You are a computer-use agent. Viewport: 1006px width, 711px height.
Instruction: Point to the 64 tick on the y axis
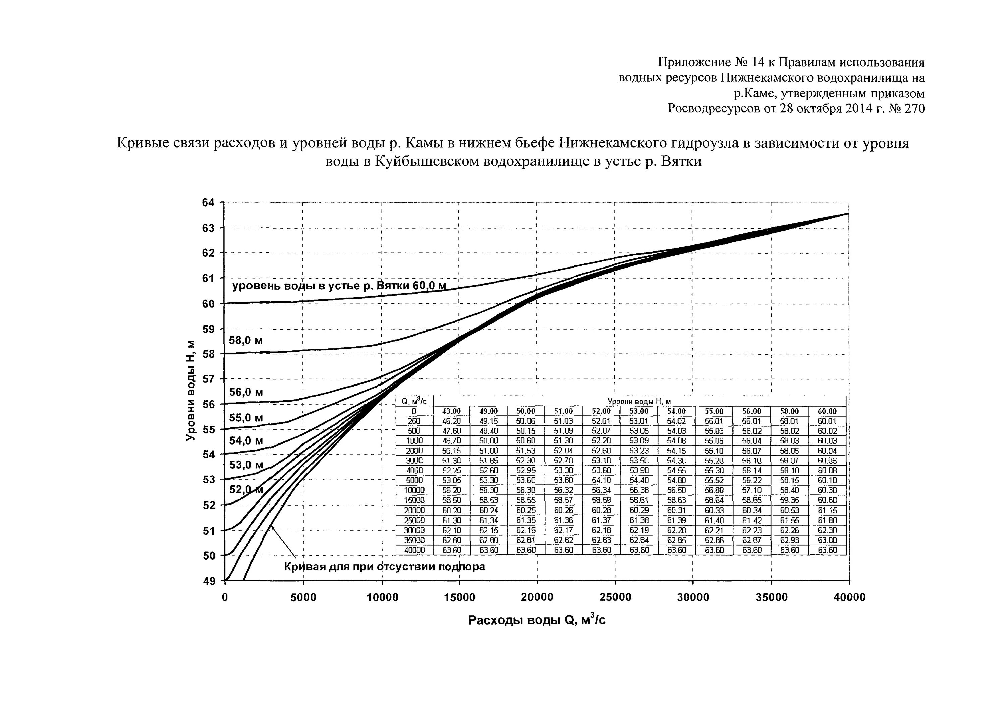(x=209, y=203)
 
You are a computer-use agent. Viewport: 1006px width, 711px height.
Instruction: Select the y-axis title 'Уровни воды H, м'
(x=190, y=391)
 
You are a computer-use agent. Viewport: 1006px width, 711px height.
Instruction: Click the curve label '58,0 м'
(x=246, y=340)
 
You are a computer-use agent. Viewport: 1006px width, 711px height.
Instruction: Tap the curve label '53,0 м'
(x=246, y=464)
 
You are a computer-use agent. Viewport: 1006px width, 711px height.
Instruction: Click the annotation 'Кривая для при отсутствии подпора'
(x=384, y=567)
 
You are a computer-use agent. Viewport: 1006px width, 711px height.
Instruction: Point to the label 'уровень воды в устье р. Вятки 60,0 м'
(x=339, y=286)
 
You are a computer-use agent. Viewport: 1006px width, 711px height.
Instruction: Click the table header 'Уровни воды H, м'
(x=639, y=401)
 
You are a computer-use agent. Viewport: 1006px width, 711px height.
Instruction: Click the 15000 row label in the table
(x=414, y=500)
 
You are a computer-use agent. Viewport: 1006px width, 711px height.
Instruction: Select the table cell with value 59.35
(x=790, y=500)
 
